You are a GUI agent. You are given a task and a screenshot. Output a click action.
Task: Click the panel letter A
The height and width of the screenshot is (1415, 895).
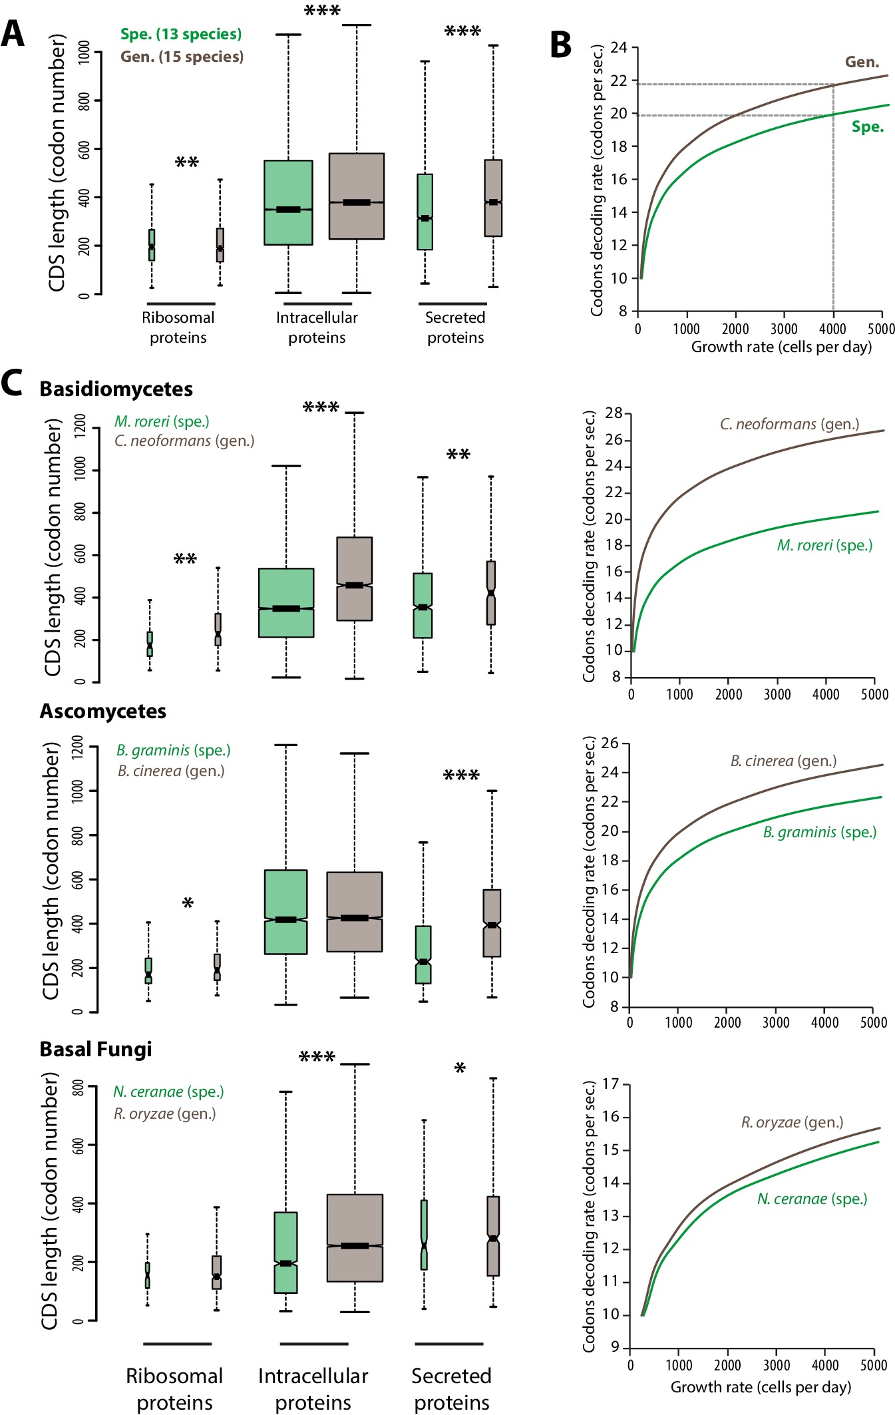point(13,33)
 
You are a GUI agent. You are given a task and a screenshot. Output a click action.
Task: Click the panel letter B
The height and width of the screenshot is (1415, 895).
point(561,45)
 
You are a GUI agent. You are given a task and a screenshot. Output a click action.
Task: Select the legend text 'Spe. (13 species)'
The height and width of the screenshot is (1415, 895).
point(181,35)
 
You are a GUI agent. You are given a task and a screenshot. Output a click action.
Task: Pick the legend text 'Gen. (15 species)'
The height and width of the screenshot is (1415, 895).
point(182,57)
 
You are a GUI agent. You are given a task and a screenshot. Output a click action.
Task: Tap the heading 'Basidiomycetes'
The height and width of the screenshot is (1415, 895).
point(116,389)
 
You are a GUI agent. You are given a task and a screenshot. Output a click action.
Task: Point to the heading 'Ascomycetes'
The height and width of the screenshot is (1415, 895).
point(103,711)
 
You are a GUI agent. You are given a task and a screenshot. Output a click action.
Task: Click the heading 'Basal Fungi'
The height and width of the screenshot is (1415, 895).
point(96,1050)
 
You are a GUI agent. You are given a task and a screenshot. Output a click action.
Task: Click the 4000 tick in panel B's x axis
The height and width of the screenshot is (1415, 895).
point(833,329)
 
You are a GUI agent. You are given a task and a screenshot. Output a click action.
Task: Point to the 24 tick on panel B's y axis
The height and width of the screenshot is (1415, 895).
point(619,47)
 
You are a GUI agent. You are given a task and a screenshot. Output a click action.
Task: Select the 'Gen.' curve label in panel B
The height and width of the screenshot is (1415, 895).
point(862,63)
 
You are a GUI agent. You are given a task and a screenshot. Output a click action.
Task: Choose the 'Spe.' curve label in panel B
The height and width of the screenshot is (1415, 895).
point(868,127)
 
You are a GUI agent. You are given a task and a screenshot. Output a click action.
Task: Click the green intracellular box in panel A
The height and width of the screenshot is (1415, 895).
point(289,203)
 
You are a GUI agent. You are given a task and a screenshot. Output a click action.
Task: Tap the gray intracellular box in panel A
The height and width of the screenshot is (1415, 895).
point(357,196)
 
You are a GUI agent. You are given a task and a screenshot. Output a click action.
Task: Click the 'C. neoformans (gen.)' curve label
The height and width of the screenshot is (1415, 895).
point(790,425)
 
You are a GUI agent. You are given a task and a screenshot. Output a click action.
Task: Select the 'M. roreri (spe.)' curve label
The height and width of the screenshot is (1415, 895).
point(825,546)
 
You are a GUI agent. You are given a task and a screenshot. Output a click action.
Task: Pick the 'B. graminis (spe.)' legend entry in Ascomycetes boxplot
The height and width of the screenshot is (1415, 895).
point(174,751)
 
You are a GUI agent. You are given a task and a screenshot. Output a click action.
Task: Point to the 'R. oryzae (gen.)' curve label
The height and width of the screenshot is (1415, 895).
point(793,1123)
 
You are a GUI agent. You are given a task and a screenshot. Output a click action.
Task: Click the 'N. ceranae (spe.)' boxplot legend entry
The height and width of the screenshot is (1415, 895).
point(168,1092)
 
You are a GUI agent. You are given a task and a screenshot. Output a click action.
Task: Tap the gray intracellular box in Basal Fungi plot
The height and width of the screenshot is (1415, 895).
point(355,1238)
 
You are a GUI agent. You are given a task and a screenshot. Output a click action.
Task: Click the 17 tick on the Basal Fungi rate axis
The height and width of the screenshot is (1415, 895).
point(611,1084)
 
